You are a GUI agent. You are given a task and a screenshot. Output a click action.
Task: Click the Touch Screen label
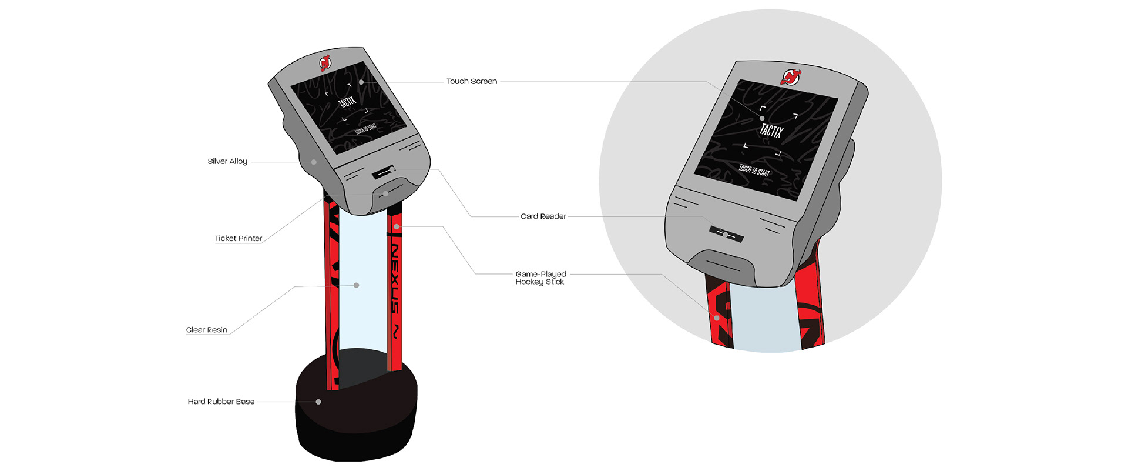[x=472, y=81]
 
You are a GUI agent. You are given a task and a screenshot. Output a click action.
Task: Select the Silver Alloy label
[x=227, y=161]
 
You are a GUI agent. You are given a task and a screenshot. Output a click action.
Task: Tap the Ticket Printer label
[x=239, y=238]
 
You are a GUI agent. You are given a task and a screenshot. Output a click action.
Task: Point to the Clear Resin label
[x=207, y=330]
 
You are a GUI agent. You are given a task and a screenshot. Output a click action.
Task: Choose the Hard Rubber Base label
[x=221, y=402]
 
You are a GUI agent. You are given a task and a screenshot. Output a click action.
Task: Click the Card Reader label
[x=543, y=216]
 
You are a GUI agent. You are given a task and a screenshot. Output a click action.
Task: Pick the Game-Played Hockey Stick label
[x=540, y=278]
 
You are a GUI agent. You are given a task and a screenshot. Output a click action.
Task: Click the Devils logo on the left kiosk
[x=325, y=62]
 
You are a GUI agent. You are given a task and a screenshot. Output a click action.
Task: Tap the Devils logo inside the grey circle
[x=791, y=76]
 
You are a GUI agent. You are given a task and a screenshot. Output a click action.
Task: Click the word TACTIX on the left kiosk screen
[x=347, y=102]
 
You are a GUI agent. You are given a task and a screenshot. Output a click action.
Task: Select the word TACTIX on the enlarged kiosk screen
[x=771, y=131]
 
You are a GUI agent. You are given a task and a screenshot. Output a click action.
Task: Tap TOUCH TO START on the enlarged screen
[x=754, y=171]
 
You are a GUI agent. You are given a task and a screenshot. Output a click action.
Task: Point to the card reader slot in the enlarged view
[x=726, y=234]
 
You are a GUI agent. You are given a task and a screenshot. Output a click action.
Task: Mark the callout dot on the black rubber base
[x=318, y=402]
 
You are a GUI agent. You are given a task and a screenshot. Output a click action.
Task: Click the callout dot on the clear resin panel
[x=357, y=285]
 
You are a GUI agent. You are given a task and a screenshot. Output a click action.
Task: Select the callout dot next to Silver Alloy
[x=314, y=162]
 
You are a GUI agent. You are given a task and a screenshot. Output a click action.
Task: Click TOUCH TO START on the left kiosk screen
[x=366, y=129]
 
